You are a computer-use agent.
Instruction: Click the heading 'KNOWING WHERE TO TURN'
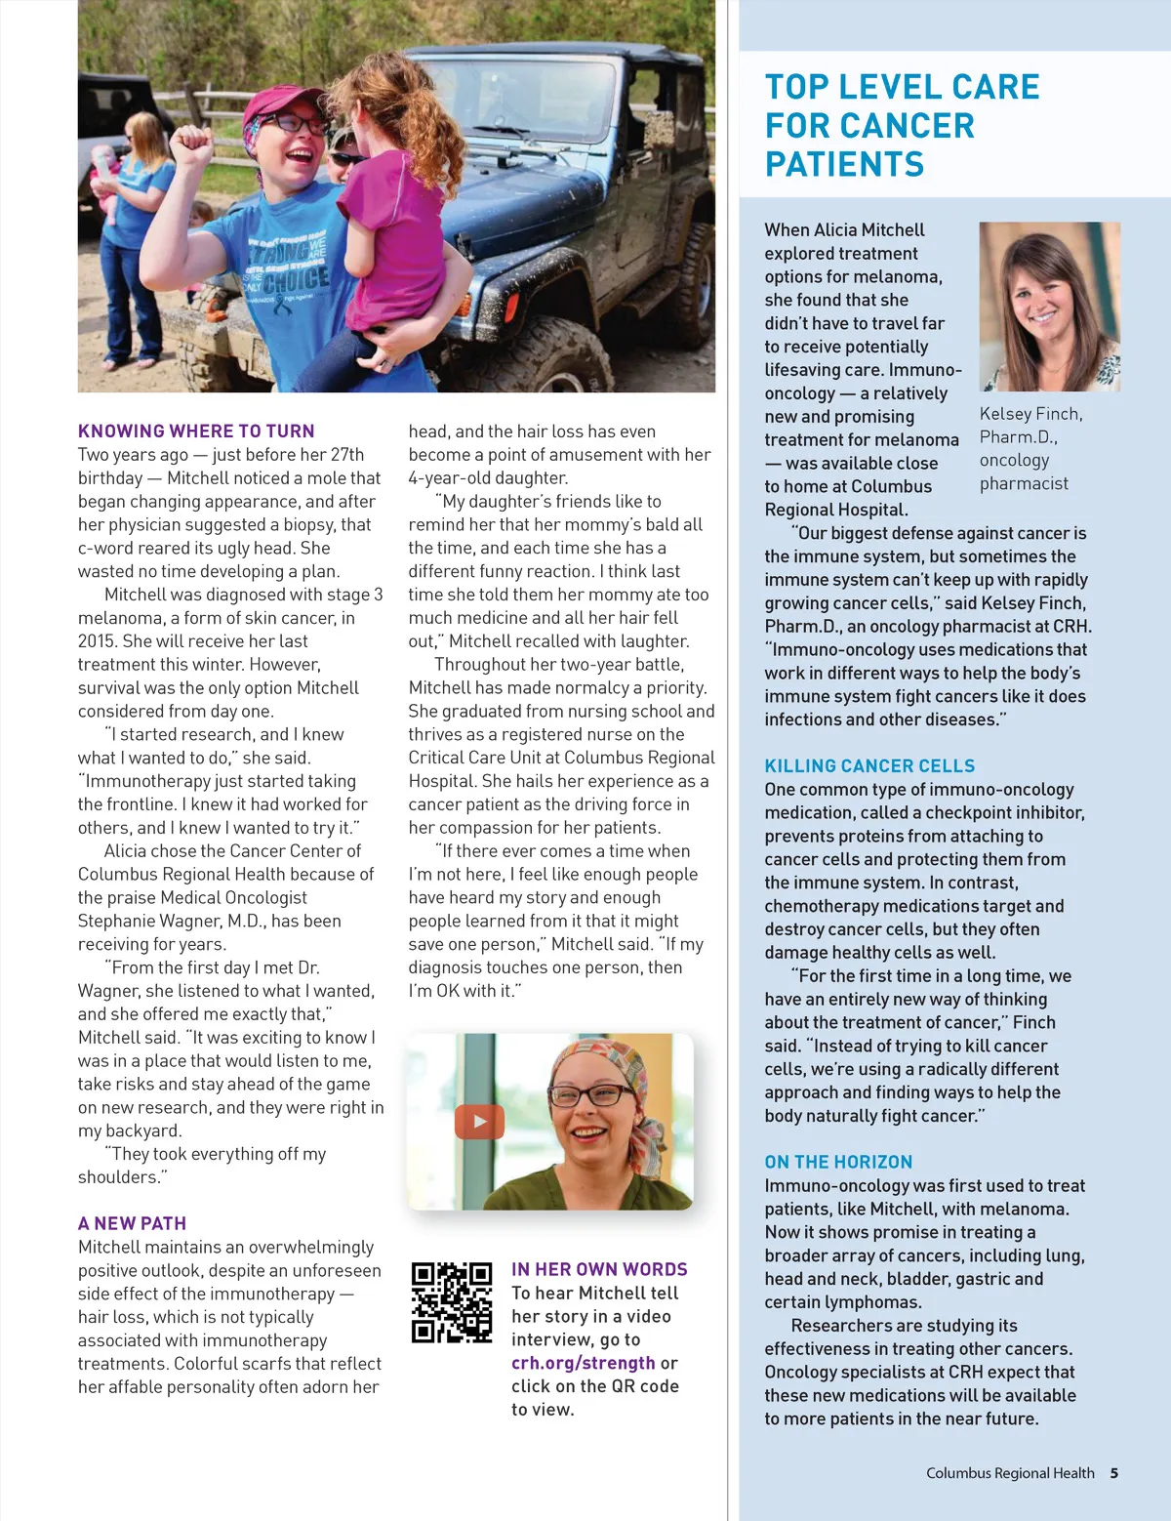(196, 431)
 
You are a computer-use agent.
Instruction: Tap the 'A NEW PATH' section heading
(132, 1223)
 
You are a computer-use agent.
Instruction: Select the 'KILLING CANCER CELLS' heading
(869, 766)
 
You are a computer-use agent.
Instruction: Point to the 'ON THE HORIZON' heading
(838, 1162)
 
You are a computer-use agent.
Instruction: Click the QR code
(452, 1302)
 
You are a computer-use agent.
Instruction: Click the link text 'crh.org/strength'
(584, 1363)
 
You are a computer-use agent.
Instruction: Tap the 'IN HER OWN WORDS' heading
(599, 1269)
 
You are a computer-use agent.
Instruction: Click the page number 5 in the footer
(1113, 1473)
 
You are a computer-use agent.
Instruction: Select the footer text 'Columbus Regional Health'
(1010, 1473)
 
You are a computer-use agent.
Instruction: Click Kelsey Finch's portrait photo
(1049, 307)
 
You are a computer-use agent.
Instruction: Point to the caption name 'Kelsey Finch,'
(1030, 414)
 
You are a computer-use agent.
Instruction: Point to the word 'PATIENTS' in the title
(844, 164)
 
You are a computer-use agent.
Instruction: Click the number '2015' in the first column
(98, 641)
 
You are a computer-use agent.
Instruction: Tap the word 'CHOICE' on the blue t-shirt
(296, 280)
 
